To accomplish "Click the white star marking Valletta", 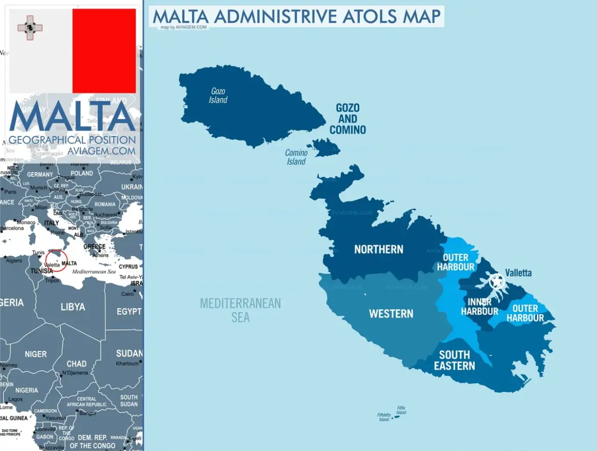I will (x=496, y=281).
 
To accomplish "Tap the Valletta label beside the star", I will (x=518, y=273).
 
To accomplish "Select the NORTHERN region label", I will (x=379, y=249).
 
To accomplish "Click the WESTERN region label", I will (x=391, y=313).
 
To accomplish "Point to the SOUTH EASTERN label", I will (x=455, y=360).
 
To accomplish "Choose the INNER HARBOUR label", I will (x=480, y=307).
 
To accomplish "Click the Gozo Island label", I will (x=218, y=95).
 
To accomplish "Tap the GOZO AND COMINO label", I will (x=348, y=119).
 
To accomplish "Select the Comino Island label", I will (x=296, y=157).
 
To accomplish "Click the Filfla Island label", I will (x=401, y=410).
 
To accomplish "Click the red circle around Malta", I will (x=57, y=260).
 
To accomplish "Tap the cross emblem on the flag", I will (x=30, y=28).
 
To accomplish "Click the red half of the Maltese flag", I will (x=104, y=51).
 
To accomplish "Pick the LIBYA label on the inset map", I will (x=73, y=307).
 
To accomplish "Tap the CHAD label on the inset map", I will (x=77, y=364).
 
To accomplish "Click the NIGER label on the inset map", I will (x=36, y=354).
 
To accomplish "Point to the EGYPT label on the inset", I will (x=129, y=311).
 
